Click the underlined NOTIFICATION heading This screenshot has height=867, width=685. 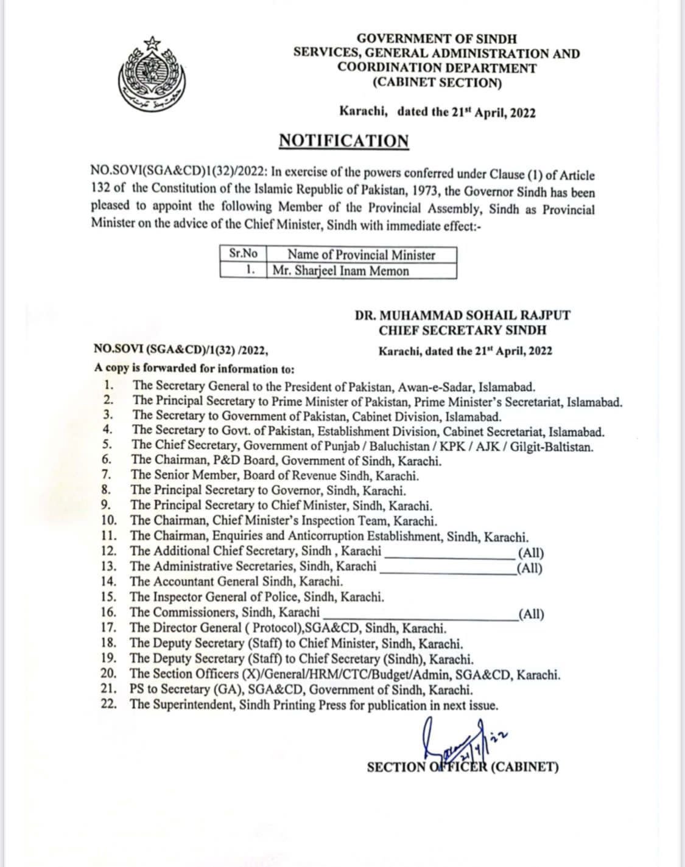point(343,141)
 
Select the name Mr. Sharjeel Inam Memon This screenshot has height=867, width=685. point(340,271)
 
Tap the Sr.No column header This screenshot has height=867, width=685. point(242,254)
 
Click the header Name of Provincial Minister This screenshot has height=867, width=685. point(361,254)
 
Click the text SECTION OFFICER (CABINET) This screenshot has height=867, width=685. point(463,767)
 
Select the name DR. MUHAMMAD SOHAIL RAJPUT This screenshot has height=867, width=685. point(463,315)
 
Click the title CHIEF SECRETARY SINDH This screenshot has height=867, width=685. point(463,330)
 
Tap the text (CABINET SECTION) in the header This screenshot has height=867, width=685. point(437,83)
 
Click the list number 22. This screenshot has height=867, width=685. point(108,705)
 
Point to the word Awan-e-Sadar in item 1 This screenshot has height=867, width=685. point(436,386)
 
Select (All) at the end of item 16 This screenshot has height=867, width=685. point(530,614)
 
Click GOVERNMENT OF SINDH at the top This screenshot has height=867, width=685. point(436,38)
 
